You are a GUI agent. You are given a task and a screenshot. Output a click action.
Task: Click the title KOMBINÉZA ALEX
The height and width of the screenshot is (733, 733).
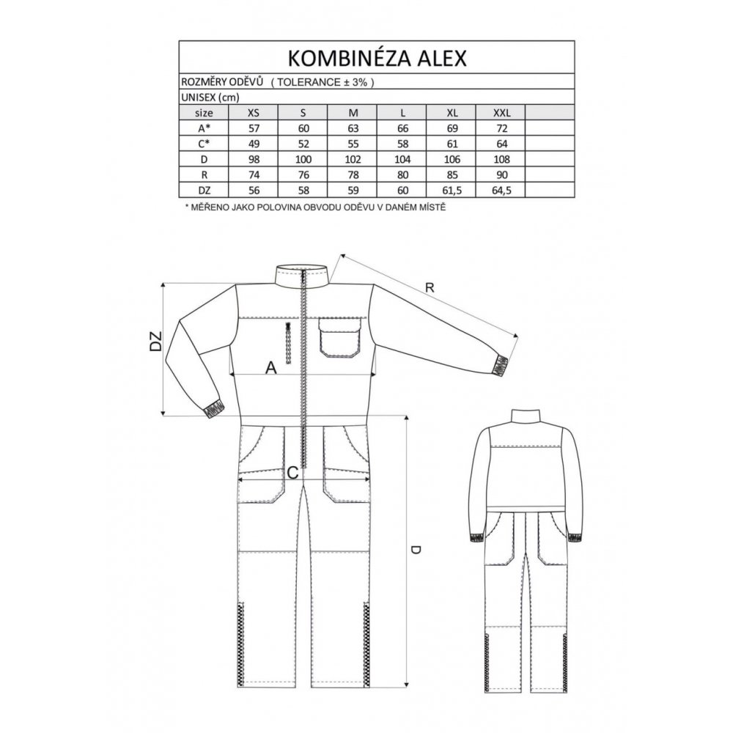377,57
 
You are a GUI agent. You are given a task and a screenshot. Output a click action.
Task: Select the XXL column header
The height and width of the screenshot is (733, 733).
501,113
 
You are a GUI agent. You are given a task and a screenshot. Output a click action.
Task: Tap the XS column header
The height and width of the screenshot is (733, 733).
254,113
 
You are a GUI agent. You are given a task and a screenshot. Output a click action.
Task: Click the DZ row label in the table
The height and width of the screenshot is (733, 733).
204,191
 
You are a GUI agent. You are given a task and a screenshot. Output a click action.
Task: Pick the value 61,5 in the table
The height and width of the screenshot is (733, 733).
452,191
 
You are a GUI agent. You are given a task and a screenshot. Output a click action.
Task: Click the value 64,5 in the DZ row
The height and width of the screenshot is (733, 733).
501,191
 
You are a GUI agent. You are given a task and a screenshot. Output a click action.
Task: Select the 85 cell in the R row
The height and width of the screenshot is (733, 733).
452,175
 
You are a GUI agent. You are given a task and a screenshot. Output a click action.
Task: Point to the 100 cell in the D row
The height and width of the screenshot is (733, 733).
303,159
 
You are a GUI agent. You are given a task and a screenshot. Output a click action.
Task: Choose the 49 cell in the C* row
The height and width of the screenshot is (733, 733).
254,144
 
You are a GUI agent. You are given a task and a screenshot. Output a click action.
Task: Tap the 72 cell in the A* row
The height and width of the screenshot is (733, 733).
501,128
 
